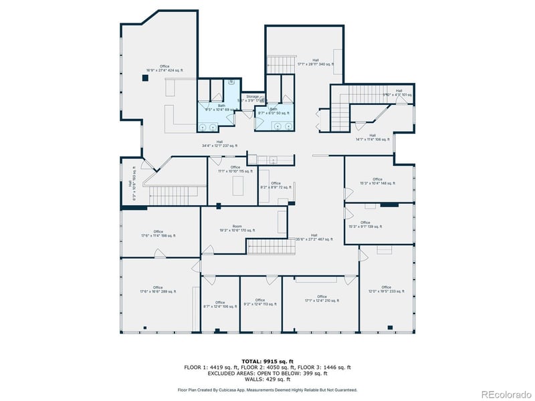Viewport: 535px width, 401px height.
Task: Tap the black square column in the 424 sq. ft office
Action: (x=145, y=78)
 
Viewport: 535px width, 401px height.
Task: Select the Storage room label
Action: (x=251, y=98)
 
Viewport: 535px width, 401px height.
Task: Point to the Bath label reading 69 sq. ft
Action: (x=221, y=107)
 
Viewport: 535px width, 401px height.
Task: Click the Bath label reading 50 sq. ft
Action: (x=274, y=111)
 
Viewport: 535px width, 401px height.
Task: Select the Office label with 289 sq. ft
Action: (x=158, y=289)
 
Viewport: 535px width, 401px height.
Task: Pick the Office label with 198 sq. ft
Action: (x=158, y=234)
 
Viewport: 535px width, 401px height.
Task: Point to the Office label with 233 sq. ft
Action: (x=387, y=289)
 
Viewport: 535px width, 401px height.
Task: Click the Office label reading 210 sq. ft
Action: (x=322, y=299)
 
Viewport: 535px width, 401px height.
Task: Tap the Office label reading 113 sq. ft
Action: (x=259, y=302)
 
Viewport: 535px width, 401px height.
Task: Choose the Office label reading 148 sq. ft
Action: (x=378, y=181)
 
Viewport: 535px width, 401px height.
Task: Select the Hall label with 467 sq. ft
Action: (x=314, y=237)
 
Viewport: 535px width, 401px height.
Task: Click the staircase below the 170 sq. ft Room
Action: (x=272, y=247)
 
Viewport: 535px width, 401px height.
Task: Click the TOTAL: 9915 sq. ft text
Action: (x=267, y=360)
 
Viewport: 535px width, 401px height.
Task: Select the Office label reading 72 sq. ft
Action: (x=276, y=186)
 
